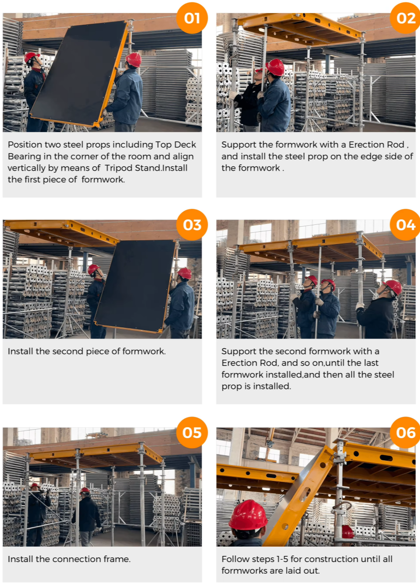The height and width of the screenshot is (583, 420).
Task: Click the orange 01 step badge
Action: (x=192, y=18)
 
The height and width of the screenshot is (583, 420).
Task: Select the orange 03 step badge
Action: (x=192, y=225)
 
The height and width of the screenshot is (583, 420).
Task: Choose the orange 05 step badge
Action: (x=192, y=432)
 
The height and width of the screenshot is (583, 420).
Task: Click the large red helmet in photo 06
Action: (x=248, y=515)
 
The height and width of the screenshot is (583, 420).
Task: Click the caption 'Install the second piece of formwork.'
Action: (x=86, y=351)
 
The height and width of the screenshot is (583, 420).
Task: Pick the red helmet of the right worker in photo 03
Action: (x=184, y=273)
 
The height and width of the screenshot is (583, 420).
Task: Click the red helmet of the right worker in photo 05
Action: (x=84, y=490)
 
